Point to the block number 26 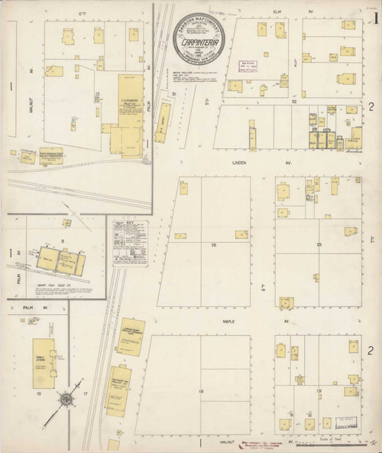tap(215, 244)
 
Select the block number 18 tap(201, 391)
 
